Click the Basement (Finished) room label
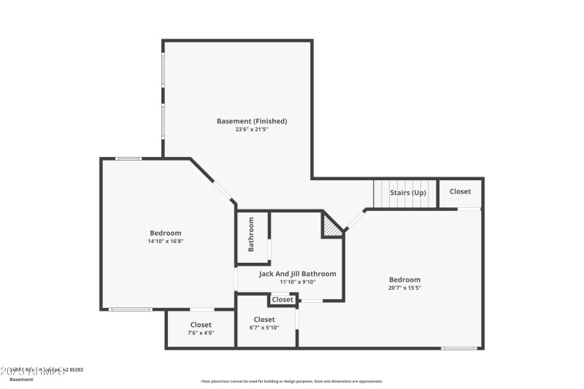[x=252, y=121]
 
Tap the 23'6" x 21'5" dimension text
[x=252, y=130]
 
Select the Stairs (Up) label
[x=408, y=193]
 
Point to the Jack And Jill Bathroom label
[x=297, y=274]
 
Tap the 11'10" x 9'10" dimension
[x=297, y=282]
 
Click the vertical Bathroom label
[x=251, y=234]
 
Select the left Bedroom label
[x=165, y=233]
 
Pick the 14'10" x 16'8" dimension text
[x=165, y=241]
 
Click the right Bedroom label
[x=404, y=280]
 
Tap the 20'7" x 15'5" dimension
[x=404, y=288]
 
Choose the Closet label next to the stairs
[x=460, y=192]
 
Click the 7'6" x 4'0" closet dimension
[x=201, y=333]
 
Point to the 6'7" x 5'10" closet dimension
[x=264, y=328]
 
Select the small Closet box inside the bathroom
[x=283, y=300]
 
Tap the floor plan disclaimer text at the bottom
[x=292, y=381]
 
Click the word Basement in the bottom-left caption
[x=20, y=380]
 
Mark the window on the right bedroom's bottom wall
[x=459, y=348]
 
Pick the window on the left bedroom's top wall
[x=129, y=158]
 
